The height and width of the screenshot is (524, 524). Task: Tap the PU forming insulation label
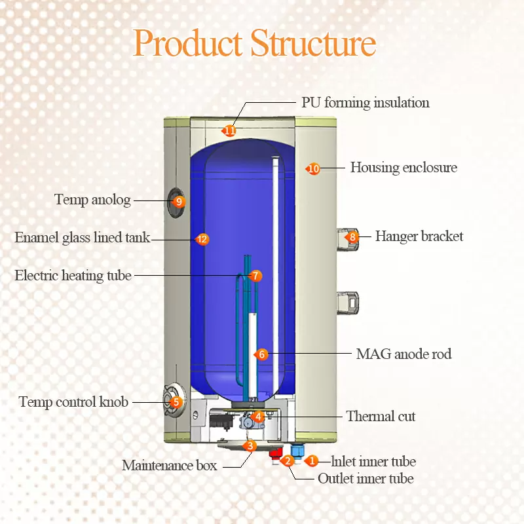coord(365,103)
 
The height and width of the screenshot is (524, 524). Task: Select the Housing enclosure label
coord(403,168)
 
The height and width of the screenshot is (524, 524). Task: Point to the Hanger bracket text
coord(419,236)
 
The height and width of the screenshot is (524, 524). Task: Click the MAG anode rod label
coord(403,354)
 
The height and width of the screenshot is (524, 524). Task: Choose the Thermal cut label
coord(381,417)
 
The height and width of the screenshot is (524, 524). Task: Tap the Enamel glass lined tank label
coord(83,238)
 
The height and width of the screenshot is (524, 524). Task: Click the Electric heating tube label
coord(73,276)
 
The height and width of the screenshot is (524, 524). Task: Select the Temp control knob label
coord(73,402)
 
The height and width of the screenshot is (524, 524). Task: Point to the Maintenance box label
coord(169,466)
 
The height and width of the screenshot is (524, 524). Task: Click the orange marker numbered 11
coord(229,131)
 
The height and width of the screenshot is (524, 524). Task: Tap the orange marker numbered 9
coord(178,202)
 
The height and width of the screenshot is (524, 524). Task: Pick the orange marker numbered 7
coord(255,276)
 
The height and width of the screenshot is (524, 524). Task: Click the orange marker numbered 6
coord(261,354)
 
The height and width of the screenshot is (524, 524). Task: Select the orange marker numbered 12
coord(202,240)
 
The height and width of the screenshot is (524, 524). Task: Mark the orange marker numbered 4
coord(258,417)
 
